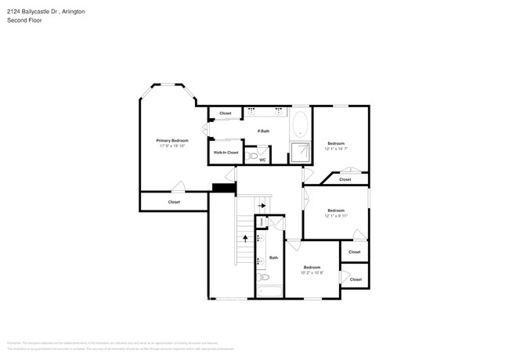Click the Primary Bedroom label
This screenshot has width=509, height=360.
pyautogui.click(x=174, y=140)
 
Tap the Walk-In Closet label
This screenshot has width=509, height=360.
pyautogui.click(x=226, y=153)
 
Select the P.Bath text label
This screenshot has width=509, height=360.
pyautogui.click(x=264, y=131)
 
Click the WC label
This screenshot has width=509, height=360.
pyautogui.click(x=262, y=160)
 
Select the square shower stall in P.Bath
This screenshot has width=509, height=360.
pyautogui.click(x=301, y=152)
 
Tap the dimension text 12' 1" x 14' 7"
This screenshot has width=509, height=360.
pyautogui.click(x=337, y=149)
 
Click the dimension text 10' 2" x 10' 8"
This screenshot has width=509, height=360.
pyautogui.click(x=312, y=272)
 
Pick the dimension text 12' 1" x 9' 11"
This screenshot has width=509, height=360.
pyautogui.click(x=336, y=215)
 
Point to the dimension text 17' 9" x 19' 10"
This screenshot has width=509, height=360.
pyautogui.click(x=174, y=146)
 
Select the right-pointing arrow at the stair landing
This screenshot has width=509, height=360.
pyautogui.click(x=262, y=206)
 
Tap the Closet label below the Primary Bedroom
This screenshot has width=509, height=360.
pyautogui.click(x=174, y=202)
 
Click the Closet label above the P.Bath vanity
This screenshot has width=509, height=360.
pyautogui.click(x=226, y=113)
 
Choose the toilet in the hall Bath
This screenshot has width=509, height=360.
pyautogui.click(x=264, y=277)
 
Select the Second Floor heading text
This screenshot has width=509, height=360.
pyautogui.click(x=25, y=20)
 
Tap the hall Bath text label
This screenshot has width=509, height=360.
pyautogui.click(x=273, y=257)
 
